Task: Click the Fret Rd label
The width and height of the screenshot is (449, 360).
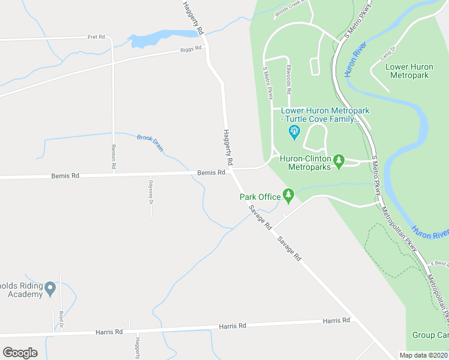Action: [96, 37]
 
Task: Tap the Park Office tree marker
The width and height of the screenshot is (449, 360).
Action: [289, 194]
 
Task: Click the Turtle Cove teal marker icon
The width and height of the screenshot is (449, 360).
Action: [294, 132]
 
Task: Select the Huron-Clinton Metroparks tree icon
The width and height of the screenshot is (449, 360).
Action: [339, 160]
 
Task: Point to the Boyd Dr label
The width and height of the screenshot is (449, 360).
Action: [61, 316]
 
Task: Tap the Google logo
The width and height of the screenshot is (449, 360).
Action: [20, 353]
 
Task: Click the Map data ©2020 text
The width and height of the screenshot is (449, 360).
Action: [424, 355]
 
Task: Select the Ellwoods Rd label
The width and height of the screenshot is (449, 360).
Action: [289, 80]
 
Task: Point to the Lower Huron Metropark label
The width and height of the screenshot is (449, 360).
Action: [408, 71]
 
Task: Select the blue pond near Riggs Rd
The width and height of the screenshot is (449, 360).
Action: [150, 39]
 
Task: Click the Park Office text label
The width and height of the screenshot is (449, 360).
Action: [261, 197]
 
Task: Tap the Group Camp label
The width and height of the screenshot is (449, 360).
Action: [430, 335]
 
